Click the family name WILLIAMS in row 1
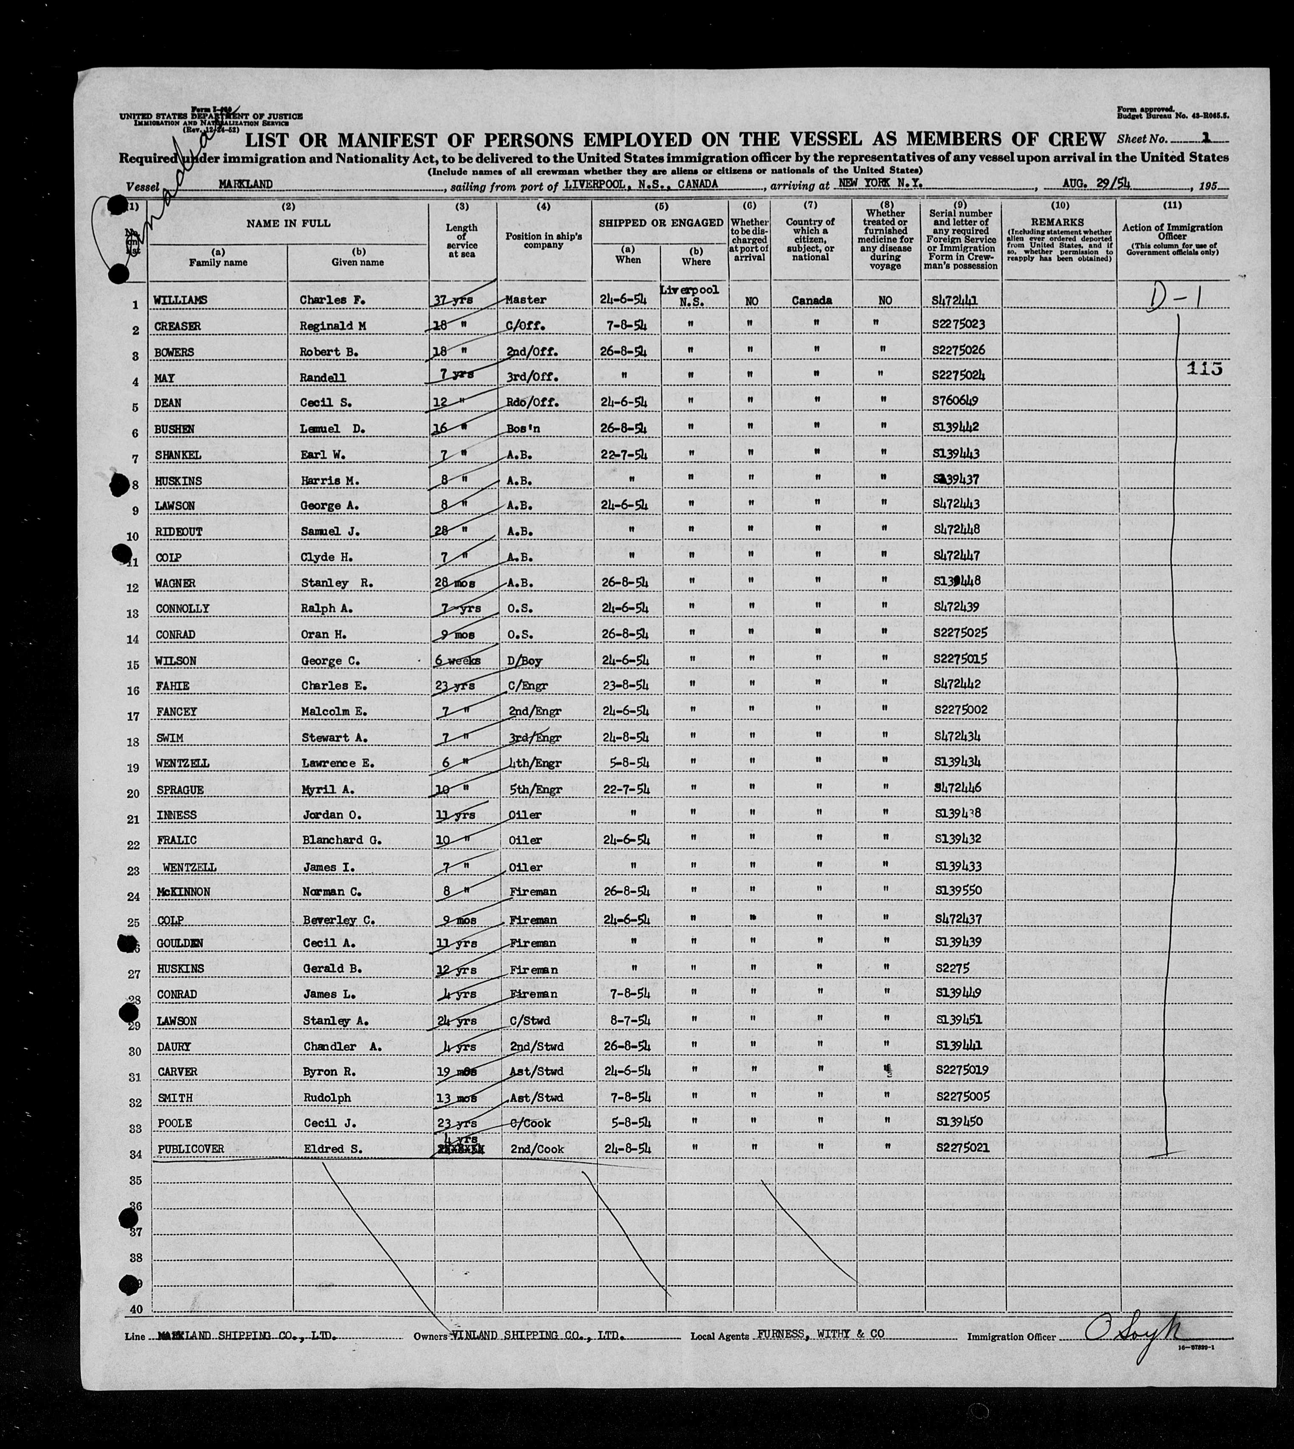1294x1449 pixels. (x=180, y=301)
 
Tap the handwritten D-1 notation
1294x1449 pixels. (x=1173, y=297)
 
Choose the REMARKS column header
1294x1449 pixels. (x=1059, y=222)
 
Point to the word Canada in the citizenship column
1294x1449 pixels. (x=811, y=301)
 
